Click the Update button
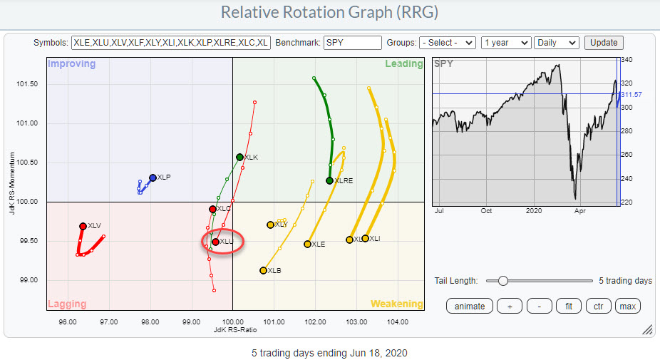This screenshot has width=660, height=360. [x=604, y=43]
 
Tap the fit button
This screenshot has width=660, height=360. [x=568, y=306]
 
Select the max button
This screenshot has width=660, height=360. [x=628, y=306]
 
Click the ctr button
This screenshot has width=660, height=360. [x=598, y=306]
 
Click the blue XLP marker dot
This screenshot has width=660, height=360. [x=153, y=178]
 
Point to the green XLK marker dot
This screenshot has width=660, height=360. [x=239, y=157]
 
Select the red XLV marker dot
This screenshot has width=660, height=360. [x=83, y=226]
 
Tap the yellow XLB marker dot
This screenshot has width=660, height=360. [x=263, y=270]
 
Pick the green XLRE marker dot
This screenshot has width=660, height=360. [x=329, y=180]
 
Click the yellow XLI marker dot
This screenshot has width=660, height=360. [x=365, y=238]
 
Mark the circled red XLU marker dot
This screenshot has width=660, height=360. [x=215, y=242]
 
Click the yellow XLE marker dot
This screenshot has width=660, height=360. [x=307, y=244]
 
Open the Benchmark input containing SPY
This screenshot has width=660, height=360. [x=352, y=43]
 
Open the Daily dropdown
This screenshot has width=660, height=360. [x=557, y=43]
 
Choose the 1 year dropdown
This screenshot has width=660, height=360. [x=505, y=43]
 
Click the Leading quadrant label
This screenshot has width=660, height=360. [x=404, y=64]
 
